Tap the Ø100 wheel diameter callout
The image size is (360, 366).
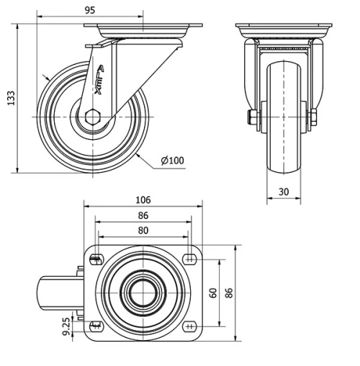(174, 160)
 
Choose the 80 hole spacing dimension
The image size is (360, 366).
(144, 231)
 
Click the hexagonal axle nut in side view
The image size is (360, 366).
(92, 117)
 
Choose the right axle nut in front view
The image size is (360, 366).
(315, 117)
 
